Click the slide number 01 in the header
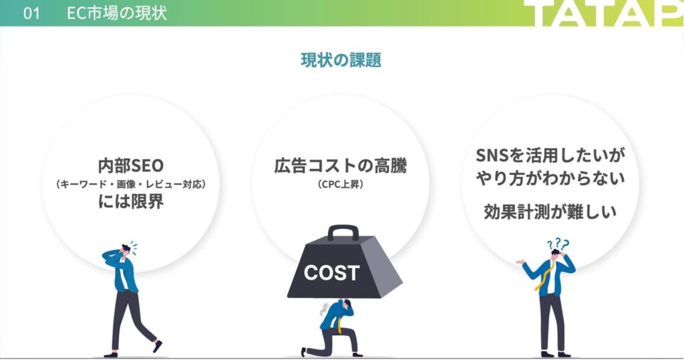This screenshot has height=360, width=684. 31,13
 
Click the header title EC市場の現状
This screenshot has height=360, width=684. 117,13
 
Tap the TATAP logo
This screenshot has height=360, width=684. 603,13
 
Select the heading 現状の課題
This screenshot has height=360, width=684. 341,60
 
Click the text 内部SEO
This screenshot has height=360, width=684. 131,166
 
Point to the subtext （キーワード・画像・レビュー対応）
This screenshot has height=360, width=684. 131,184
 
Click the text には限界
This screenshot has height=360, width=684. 131,202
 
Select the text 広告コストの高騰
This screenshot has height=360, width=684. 341,166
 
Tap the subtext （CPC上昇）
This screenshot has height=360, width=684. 341,184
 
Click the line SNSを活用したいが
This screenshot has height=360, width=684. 550,155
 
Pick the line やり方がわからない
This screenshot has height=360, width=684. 550,178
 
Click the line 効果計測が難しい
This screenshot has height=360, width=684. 550,212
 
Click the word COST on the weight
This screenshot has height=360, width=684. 331,273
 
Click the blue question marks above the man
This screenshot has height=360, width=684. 558,244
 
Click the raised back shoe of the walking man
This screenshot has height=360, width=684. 158,347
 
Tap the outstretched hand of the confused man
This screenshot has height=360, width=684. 520,262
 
